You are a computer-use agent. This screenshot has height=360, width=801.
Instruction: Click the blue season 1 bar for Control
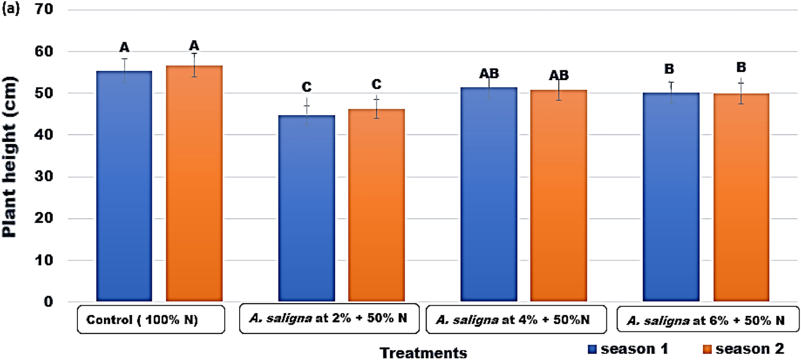tap(124, 186)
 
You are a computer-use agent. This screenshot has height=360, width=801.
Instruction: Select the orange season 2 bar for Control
tap(194, 184)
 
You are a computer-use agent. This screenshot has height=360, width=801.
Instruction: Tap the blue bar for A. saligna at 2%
tap(307, 209)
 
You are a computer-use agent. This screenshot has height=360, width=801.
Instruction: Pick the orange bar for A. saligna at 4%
tap(558, 196)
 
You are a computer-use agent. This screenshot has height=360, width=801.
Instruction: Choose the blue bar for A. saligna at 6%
tap(671, 197)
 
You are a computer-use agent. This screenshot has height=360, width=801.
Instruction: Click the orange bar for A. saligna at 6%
tap(741, 197)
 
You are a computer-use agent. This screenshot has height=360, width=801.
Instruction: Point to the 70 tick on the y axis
tap(44, 9)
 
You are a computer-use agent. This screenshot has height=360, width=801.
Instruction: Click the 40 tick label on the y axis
tap(44, 135)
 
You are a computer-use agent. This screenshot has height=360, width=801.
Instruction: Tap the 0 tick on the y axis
tap(48, 302)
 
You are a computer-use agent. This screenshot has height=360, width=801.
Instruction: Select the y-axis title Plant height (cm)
tap(10, 157)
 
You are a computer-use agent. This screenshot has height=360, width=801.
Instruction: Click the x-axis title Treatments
tap(423, 353)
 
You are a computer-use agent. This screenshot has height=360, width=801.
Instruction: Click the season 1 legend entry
tap(628, 349)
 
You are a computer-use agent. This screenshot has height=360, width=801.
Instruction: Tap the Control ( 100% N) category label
tap(142, 320)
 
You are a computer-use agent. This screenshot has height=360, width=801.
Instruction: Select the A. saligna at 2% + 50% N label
tap(328, 318)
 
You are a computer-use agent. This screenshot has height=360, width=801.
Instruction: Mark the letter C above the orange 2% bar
tap(376, 84)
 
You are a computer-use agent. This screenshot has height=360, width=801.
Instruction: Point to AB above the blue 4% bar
tap(488, 74)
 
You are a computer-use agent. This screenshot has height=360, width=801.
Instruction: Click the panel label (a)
tap(11, 9)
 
